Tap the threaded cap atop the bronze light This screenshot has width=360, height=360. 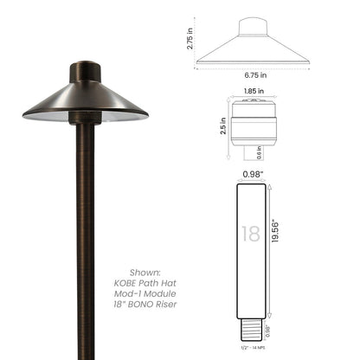coord(84,71)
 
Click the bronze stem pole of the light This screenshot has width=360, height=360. coord(85,225)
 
